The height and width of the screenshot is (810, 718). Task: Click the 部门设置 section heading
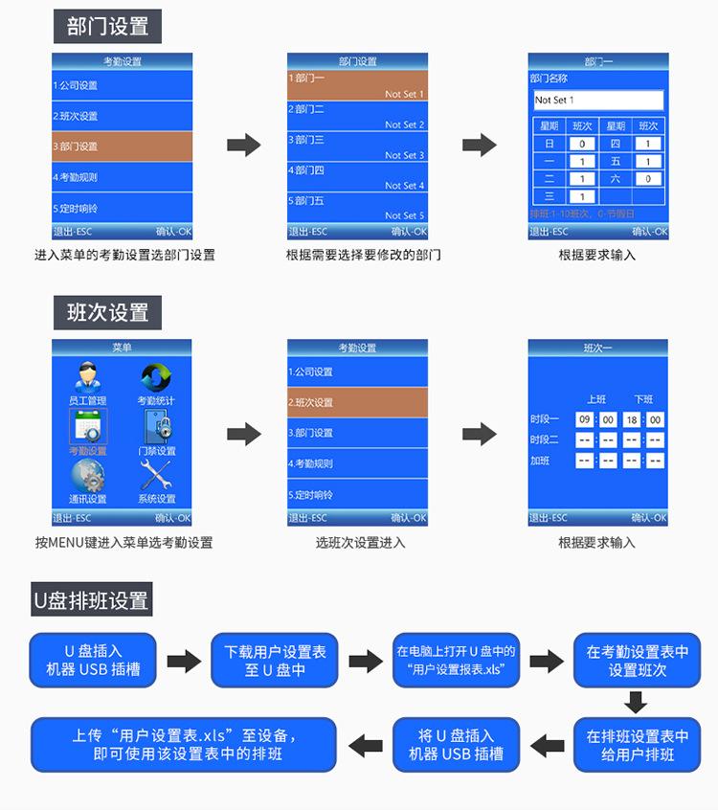(x=107, y=27)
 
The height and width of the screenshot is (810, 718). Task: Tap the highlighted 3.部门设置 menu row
(x=122, y=146)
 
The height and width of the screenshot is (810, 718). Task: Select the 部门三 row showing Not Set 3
(x=357, y=146)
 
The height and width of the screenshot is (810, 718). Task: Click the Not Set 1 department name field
(x=598, y=100)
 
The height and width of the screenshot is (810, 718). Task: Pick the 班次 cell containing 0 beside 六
(x=648, y=179)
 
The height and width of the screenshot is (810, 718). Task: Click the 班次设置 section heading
(x=107, y=312)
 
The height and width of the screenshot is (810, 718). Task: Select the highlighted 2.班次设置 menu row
(x=357, y=402)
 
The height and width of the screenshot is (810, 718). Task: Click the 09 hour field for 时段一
(x=584, y=419)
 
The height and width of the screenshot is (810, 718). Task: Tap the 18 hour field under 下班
(x=632, y=419)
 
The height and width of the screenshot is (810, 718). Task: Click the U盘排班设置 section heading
(x=92, y=600)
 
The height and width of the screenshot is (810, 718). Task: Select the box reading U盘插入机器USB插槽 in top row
(x=93, y=660)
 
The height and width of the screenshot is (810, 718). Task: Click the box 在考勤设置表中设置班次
(x=637, y=660)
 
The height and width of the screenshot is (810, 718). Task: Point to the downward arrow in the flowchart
(x=636, y=705)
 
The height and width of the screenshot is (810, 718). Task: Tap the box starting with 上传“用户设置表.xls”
(x=184, y=744)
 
